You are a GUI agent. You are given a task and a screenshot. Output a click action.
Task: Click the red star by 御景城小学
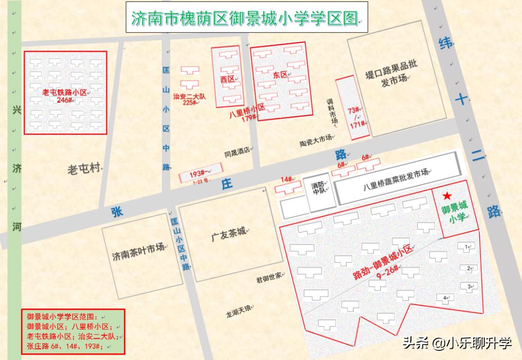point(448,195)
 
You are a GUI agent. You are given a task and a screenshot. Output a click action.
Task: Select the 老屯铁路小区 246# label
point(64,96)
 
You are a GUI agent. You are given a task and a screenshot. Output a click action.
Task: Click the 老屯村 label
point(85,169)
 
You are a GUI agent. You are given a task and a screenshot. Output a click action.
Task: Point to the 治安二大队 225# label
point(189,100)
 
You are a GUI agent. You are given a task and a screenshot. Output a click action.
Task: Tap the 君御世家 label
point(269,278)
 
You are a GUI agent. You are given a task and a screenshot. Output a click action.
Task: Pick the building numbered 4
point(445,297)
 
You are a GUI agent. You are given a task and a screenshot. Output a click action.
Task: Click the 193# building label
point(198,174)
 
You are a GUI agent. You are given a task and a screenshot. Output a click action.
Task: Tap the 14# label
point(286,180)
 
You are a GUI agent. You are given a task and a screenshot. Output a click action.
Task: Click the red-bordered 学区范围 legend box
point(73,331)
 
